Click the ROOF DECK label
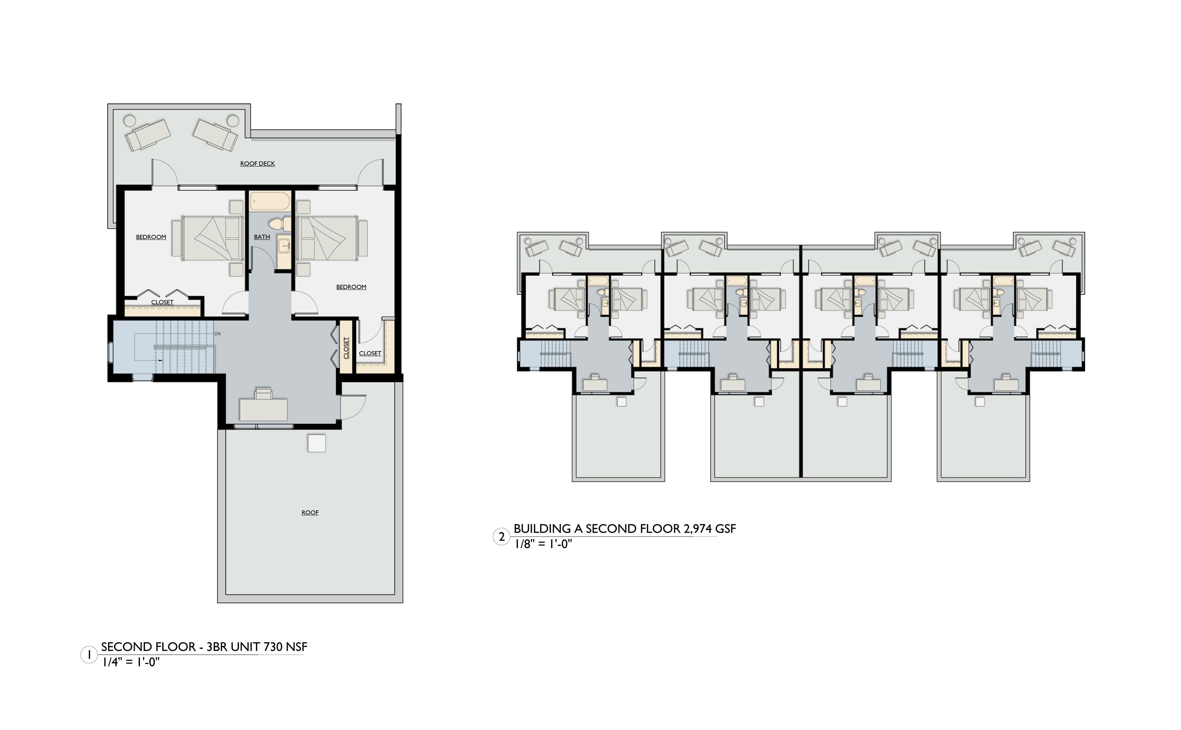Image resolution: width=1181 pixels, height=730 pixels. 257,164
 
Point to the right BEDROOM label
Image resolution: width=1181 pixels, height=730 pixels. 351,287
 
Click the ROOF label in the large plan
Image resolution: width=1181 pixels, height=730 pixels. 310,512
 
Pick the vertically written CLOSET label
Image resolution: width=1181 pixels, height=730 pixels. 346,347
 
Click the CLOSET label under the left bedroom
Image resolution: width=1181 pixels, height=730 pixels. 162,302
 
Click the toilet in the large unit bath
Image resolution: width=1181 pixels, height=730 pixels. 279,224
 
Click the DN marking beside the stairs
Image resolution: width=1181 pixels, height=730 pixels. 217,334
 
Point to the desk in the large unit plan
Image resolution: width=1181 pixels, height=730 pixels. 264,410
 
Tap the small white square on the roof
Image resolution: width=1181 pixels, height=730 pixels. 317,443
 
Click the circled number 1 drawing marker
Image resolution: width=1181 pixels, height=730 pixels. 89,655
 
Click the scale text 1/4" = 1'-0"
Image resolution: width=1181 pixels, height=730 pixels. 131,662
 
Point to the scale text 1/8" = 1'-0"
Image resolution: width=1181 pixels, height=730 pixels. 543,544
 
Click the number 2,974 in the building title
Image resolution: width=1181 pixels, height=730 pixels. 697,529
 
